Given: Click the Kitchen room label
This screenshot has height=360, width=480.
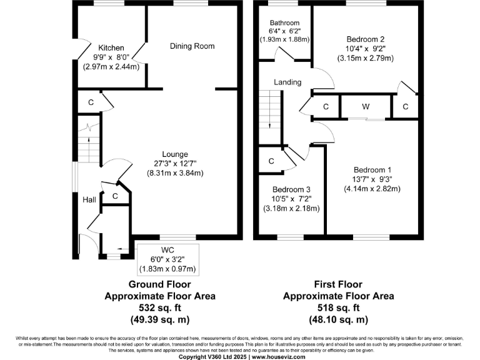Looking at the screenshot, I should click(x=111, y=48).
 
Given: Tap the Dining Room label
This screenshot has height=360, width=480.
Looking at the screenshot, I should click(x=192, y=46).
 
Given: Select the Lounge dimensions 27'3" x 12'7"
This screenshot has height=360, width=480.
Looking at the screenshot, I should click(x=175, y=164).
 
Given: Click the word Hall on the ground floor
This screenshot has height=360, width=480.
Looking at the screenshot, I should click(x=89, y=200).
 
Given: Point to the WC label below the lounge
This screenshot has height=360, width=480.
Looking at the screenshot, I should click(x=166, y=251).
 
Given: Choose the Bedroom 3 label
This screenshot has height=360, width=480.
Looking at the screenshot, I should click(x=291, y=190).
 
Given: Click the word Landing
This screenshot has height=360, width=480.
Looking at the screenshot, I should click(x=287, y=82).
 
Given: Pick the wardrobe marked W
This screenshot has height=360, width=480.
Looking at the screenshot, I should click(x=366, y=107).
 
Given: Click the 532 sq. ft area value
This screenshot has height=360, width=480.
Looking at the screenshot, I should click(x=160, y=307).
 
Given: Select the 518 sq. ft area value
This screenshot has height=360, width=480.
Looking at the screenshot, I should click(x=339, y=307).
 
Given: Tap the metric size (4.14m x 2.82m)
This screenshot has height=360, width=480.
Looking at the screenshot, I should click(x=372, y=188).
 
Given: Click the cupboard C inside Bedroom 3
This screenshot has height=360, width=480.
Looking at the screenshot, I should click(x=271, y=161).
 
